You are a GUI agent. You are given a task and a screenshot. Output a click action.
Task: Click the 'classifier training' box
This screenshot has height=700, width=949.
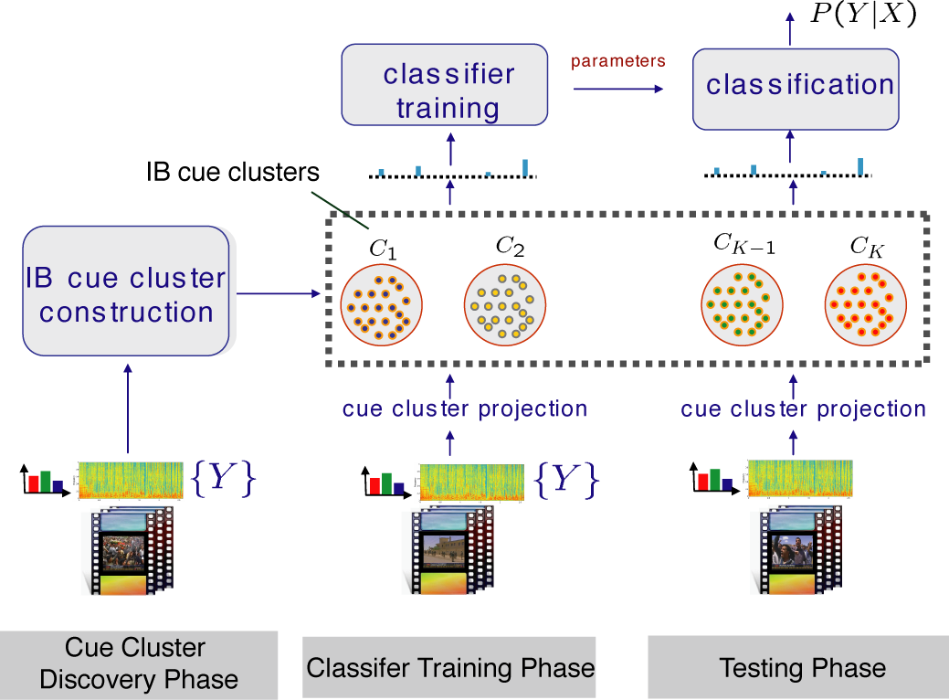click(x=445, y=86)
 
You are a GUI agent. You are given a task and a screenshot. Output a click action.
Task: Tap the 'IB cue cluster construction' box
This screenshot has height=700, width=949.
click(x=126, y=292)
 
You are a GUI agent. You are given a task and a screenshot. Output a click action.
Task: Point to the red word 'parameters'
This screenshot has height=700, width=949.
click(x=618, y=61)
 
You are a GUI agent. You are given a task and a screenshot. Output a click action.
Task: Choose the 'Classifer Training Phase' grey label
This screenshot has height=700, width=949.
click(x=449, y=667)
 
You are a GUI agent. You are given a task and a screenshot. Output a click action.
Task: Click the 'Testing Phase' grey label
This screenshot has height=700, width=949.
click(x=802, y=667)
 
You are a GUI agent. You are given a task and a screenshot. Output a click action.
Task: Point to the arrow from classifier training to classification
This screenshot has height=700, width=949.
click(x=618, y=89)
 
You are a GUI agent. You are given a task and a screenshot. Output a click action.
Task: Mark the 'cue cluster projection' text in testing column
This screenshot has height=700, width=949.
click(x=803, y=408)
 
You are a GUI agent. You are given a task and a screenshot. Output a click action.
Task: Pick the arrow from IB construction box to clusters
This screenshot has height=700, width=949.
click(x=279, y=294)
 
